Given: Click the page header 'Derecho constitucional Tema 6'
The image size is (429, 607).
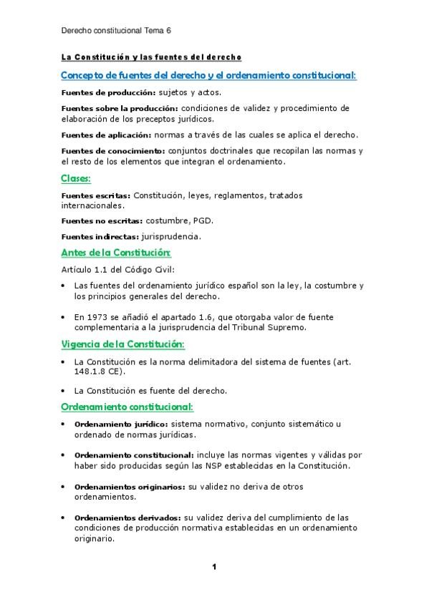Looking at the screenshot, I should pyautogui.click(x=116, y=31).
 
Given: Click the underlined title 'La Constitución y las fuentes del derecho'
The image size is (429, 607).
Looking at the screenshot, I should pyautogui.click(x=151, y=57).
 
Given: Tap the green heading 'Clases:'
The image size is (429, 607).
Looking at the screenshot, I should pyautogui.click(x=80, y=179).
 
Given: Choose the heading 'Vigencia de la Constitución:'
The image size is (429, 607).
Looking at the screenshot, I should pyautogui.click(x=122, y=344).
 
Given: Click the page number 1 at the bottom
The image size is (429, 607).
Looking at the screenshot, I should pyautogui.click(x=213, y=567).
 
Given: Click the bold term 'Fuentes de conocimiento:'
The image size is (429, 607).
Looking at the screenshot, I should pyautogui.click(x=112, y=151).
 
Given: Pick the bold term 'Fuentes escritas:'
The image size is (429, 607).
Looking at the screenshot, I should pyautogui.click(x=95, y=195).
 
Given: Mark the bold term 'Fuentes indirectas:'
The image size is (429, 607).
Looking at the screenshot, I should pyautogui.click(x=100, y=235).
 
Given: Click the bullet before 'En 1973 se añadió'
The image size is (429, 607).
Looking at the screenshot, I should pyautogui.click(x=64, y=316).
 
